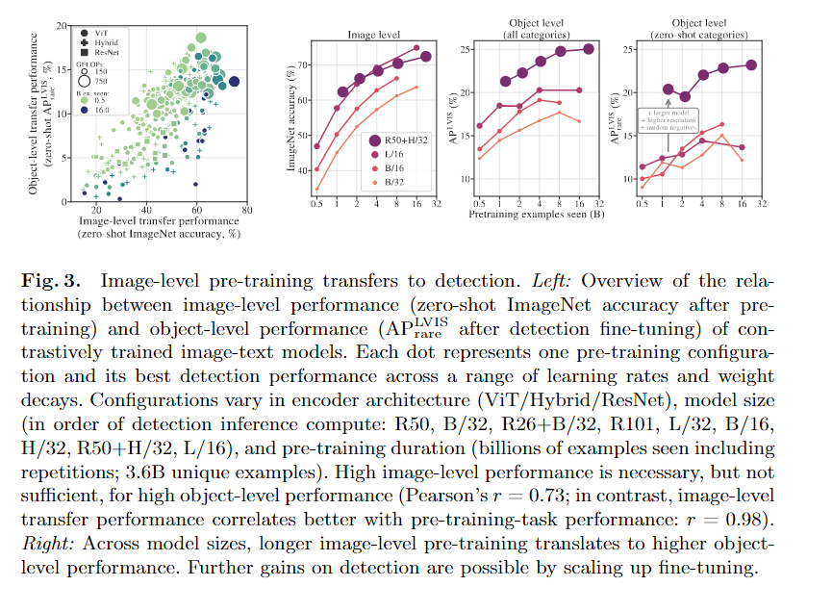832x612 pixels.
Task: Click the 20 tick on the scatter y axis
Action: click(61, 24)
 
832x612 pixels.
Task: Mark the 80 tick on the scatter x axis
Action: click(247, 209)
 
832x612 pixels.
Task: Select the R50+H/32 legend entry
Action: click(395, 140)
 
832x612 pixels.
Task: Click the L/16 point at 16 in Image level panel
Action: click(416, 47)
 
